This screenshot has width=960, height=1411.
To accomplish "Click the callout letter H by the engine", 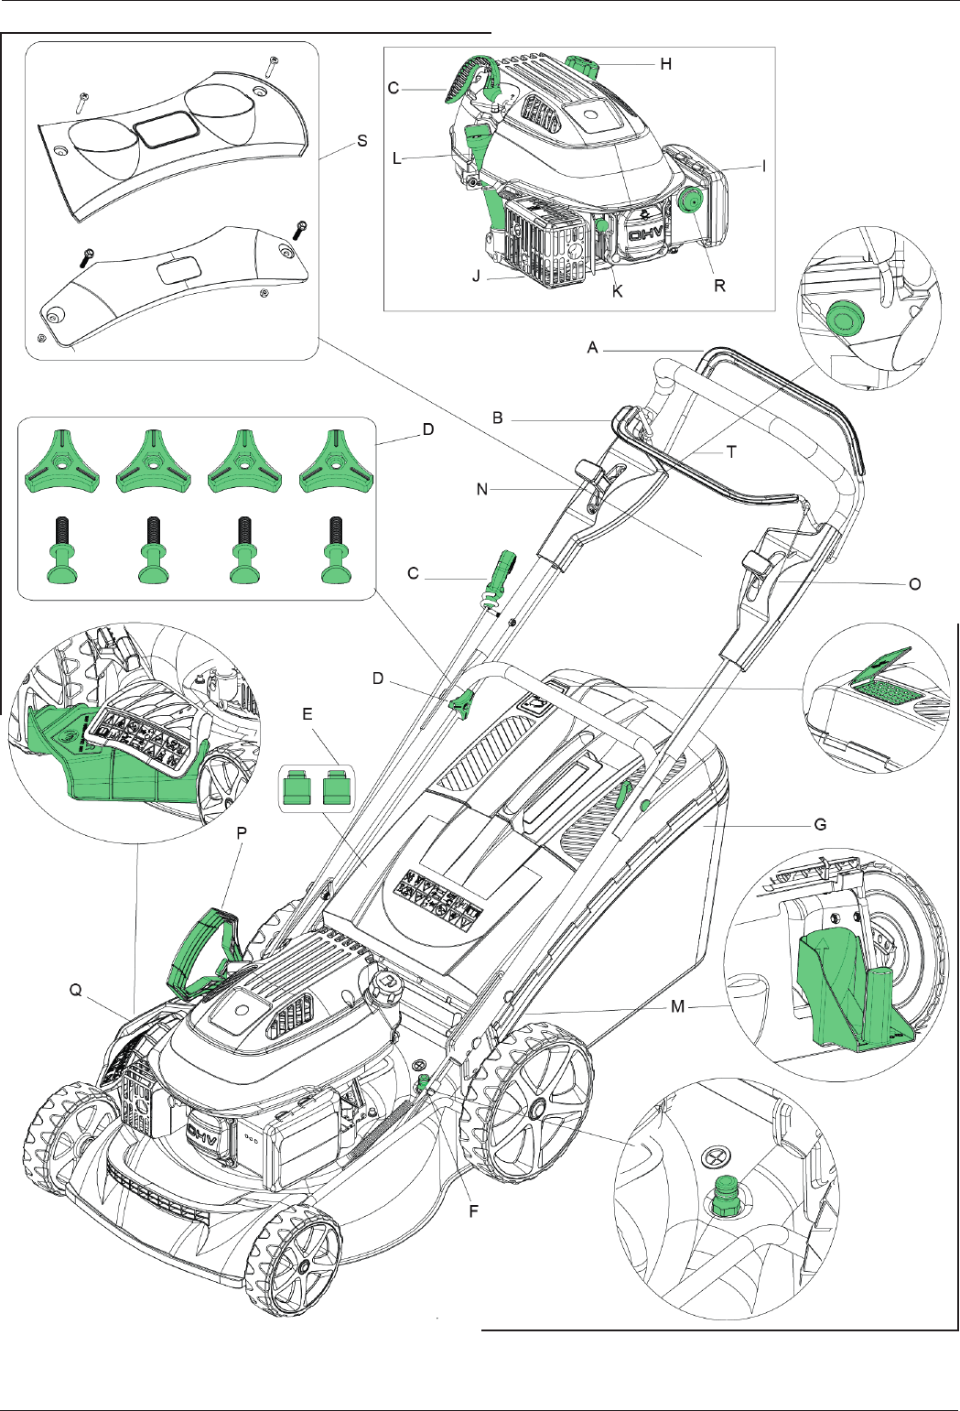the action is [x=665, y=63].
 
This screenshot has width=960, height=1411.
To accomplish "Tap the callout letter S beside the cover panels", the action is [x=362, y=140].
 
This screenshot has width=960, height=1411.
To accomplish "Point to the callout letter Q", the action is [x=76, y=990].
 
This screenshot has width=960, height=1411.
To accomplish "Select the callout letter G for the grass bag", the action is [x=820, y=825].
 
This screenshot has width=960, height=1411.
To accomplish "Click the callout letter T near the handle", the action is [x=731, y=451].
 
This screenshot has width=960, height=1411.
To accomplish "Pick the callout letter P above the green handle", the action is [x=242, y=832].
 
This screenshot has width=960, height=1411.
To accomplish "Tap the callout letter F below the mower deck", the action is [x=474, y=1211].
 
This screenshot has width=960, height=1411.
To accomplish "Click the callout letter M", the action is [x=677, y=1006].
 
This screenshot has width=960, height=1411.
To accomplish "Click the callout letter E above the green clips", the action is [x=307, y=713].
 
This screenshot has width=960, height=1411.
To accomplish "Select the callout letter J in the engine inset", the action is [x=477, y=276].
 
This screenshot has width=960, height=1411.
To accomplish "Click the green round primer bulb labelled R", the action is [x=691, y=201].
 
